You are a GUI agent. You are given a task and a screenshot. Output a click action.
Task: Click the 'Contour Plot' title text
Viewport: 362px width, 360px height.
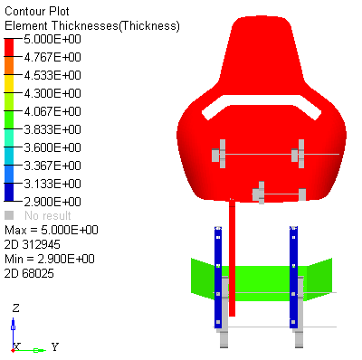pos(36,10)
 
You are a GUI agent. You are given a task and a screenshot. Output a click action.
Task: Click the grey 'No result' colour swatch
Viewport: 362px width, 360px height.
pos(10,215)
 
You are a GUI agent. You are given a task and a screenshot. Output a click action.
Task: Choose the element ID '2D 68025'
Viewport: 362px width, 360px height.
pos(31,273)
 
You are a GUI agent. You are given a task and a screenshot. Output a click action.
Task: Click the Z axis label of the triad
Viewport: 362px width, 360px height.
pos(15,308)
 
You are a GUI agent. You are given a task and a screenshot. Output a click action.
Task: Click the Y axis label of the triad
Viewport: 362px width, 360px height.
pos(54,346)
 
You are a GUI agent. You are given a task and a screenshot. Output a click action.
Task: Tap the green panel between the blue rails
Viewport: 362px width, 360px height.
pos(258,280)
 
